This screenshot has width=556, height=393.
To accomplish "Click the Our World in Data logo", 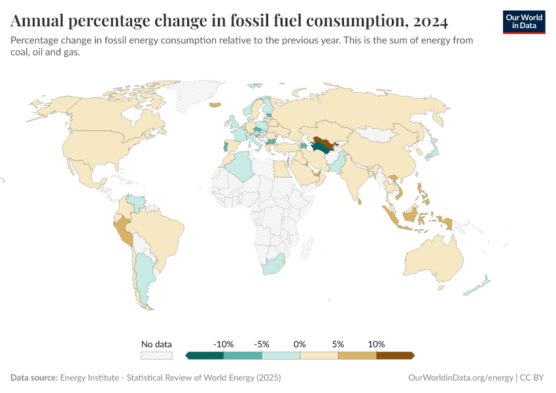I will click(x=523, y=22).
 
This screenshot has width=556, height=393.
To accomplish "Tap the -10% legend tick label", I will click(x=223, y=344).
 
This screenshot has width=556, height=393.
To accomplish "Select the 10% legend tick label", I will click(x=376, y=344).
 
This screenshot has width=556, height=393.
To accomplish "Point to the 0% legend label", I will click(x=300, y=344).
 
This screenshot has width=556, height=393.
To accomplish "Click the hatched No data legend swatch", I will click(x=157, y=356).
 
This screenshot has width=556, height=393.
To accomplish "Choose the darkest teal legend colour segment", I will click(x=205, y=356).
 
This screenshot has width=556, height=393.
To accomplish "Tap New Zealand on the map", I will click(x=481, y=285).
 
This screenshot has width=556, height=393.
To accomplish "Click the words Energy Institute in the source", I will click(x=90, y=378).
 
